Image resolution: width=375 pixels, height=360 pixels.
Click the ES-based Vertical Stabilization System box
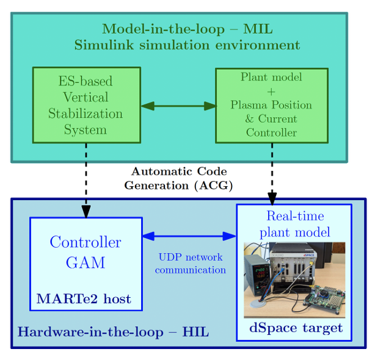[x=86, y=105]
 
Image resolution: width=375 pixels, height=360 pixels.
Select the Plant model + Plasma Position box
[x=271, y=105]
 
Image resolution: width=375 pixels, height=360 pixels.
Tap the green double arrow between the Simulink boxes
[x=178, y=106]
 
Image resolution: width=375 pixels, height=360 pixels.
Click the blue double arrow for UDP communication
[x=189, y=236]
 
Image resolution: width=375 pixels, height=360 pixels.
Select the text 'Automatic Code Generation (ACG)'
[x=178, y=178]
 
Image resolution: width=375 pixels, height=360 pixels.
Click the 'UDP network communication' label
[x=190, y=264]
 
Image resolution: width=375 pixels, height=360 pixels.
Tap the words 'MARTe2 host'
[x=84, y=299]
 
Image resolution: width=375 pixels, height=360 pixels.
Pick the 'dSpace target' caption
[x=296, y=328]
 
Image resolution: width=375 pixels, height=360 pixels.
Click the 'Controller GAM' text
[x=86, y=252]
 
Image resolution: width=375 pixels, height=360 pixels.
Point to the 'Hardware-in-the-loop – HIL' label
[x=113, y=332]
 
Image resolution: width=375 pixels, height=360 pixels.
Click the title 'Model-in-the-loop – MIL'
[x=187, y=29]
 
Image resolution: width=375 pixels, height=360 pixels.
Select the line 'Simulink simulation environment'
[x=187, y=45]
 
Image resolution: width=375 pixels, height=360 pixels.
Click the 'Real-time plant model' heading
[x=294, y=224]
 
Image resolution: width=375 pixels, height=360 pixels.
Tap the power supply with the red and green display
[x=257, y=274]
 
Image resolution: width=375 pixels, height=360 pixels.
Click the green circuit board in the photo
[x=324, y=299]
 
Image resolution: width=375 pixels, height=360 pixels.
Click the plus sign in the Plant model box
[x=271, y=91]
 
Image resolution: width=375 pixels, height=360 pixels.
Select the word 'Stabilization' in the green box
[x=86, y=113]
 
